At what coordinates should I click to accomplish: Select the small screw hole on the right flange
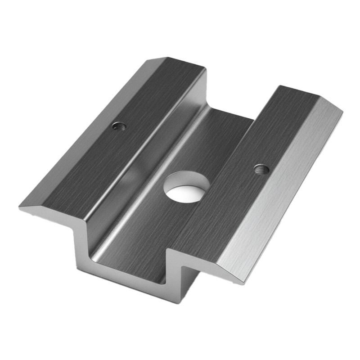(x=261, y=169)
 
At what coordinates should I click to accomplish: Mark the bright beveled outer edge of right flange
(x=288, y=189)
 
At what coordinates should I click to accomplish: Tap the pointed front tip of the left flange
(x=20, y=208)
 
